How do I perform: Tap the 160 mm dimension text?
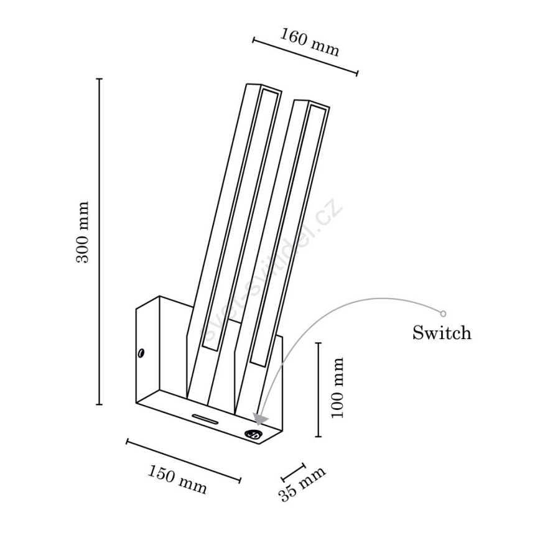(309, 42)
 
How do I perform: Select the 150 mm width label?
(177, 479)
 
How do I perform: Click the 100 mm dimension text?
(337, 388)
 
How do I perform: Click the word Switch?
(442, 333)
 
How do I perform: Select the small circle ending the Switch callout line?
(444, 314)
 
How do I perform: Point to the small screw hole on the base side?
(142, 353)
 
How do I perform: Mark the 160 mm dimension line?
(305, 57)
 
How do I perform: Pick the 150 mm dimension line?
(184, 460)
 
